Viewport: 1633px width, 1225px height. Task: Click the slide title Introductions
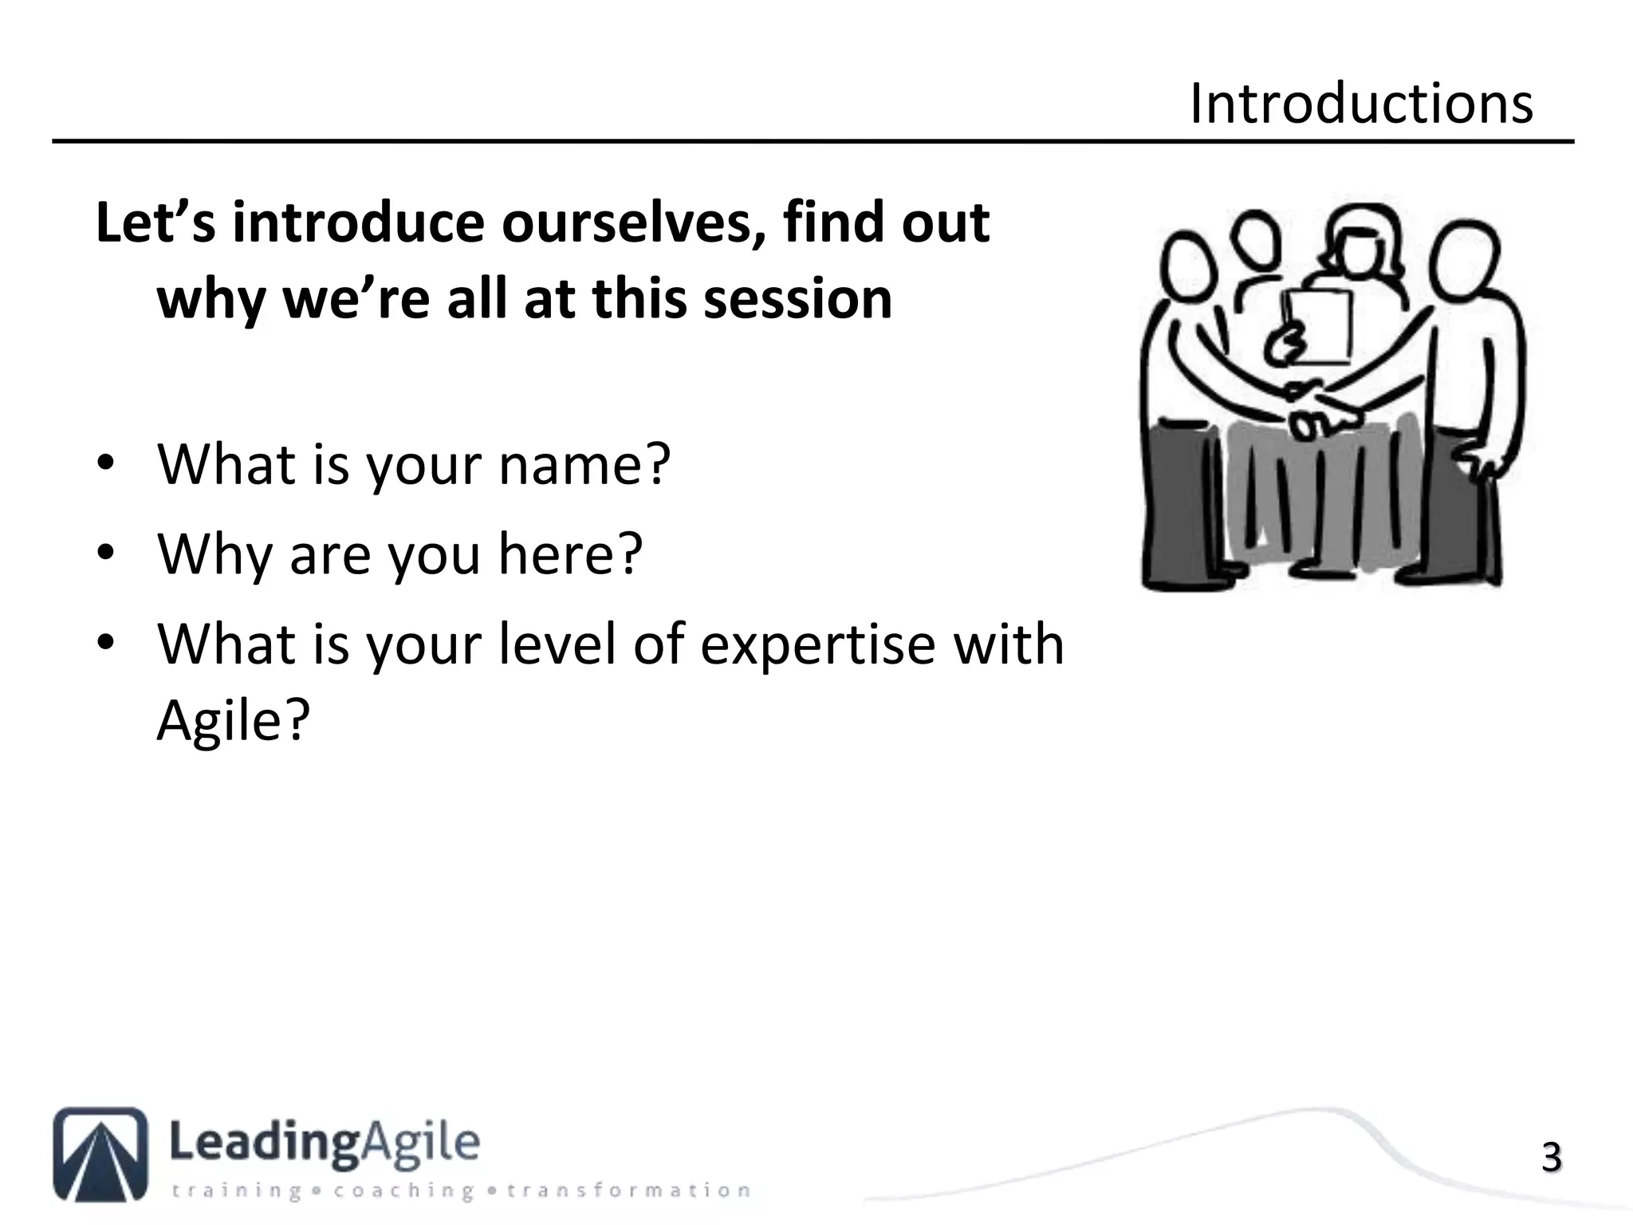(x=1360, y=104)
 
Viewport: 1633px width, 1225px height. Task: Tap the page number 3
(x=1550, y=1158)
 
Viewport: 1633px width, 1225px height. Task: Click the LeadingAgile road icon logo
(x=100, y=1154)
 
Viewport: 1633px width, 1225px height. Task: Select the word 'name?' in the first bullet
(x=584, y=465)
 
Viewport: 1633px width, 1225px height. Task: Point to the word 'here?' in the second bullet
(x=569, y=554)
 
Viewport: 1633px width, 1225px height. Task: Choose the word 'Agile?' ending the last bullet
(x=232, y=720)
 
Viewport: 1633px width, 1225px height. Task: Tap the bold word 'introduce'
(x=358, y=223)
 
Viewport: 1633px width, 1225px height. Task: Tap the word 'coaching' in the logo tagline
(x=403, y=1191)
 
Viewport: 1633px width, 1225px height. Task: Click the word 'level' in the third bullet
(x=557, y=644)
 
